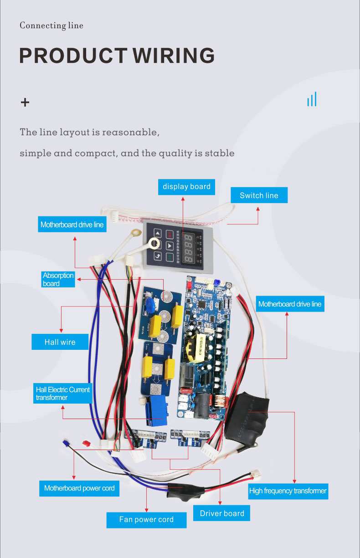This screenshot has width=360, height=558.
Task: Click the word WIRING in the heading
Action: [174, 56]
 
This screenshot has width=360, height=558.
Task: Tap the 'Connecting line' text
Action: [51, 26]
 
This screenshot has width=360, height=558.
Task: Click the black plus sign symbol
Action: [25, 102]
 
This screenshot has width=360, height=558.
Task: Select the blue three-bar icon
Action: [312, 99]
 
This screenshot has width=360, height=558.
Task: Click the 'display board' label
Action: [186, 186]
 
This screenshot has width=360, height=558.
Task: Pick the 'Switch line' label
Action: [259, 195]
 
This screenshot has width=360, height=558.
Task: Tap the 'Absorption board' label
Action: [57, 279]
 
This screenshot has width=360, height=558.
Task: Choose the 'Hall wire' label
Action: [60, 342]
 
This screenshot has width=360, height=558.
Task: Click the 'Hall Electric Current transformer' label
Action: [63, 394]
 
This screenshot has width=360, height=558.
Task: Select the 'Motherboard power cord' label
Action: [79, 488]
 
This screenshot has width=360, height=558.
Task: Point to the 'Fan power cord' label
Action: [146, 519]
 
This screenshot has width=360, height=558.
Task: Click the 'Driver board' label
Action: [222, 513]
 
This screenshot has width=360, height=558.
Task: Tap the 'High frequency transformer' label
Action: [288, 491]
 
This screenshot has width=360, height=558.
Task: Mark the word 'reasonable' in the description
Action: [130, 133]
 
